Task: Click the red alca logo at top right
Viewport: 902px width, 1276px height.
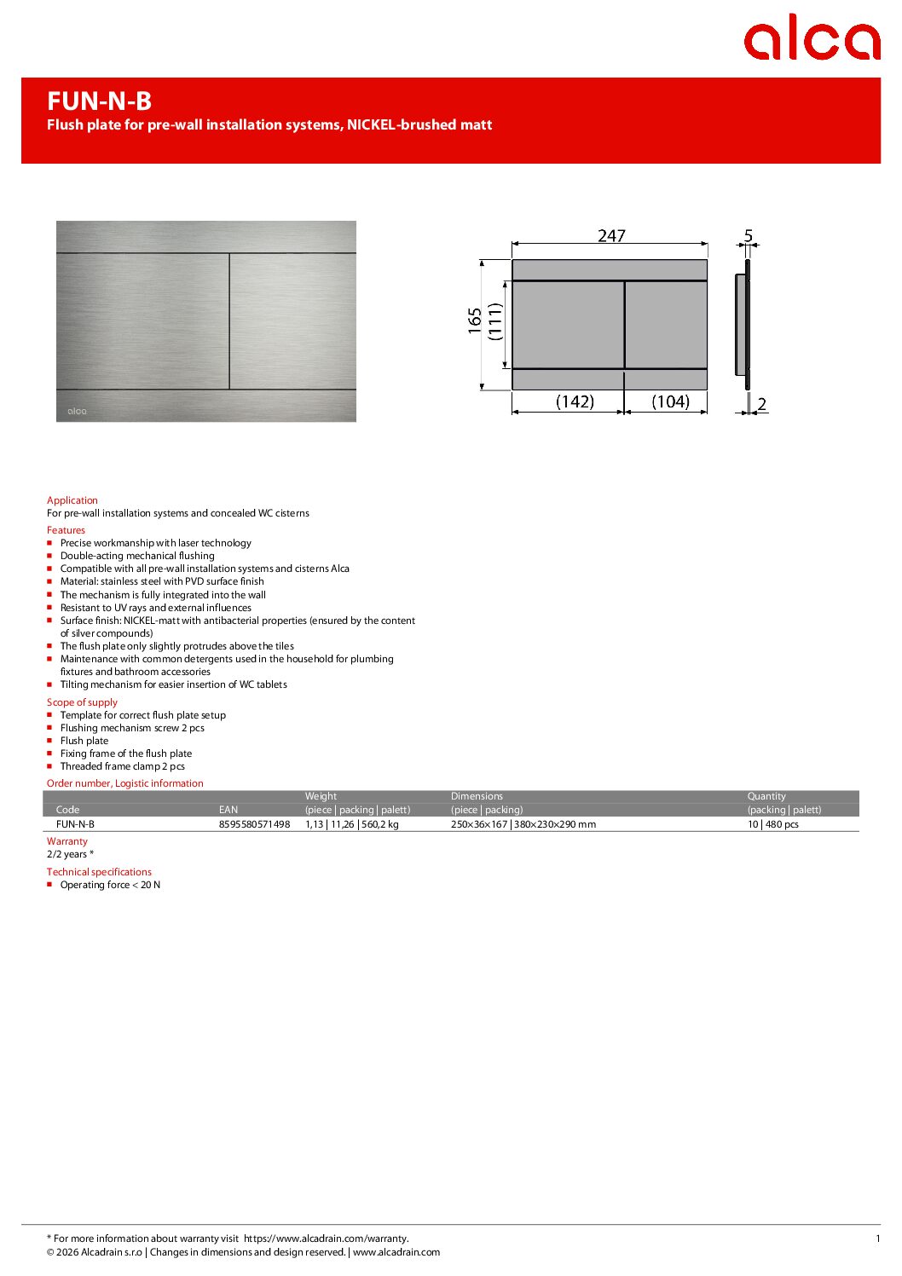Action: (x=811, y=38)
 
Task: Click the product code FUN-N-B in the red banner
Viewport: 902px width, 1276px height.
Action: (x=99, y=101)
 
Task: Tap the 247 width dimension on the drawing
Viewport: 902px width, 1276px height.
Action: (x=611, y=235)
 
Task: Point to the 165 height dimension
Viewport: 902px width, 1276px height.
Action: (x=475, y=320)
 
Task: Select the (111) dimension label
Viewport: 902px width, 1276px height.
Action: (x=495, y=322)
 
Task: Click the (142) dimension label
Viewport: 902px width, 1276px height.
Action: (x=575, y=401)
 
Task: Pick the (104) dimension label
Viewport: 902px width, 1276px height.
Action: (x=670, y=401)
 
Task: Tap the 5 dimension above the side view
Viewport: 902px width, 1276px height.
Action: (x=749, y=235)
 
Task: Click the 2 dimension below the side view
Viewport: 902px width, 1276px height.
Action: (x=761, y=404)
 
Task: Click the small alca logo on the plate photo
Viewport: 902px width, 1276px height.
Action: (x=77, y=411)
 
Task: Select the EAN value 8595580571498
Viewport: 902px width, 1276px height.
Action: (x=254, y=824)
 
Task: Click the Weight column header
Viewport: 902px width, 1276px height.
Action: (x=321, y=796)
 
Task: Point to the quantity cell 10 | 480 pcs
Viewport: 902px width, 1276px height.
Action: (x=772, y=824)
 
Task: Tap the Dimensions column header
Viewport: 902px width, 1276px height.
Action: (x=477, y=796)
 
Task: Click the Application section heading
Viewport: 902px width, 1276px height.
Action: (x=72, y=500)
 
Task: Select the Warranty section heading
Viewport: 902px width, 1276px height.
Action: (x=67, y=841)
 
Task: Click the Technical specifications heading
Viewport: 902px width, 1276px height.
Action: (x=99, y=872)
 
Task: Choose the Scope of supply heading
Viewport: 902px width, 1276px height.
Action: (x=82, y=702)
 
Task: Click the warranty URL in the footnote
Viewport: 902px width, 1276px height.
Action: (x=326, y=1238)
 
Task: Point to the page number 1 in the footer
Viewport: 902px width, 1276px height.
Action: (x=877, y=1238)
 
